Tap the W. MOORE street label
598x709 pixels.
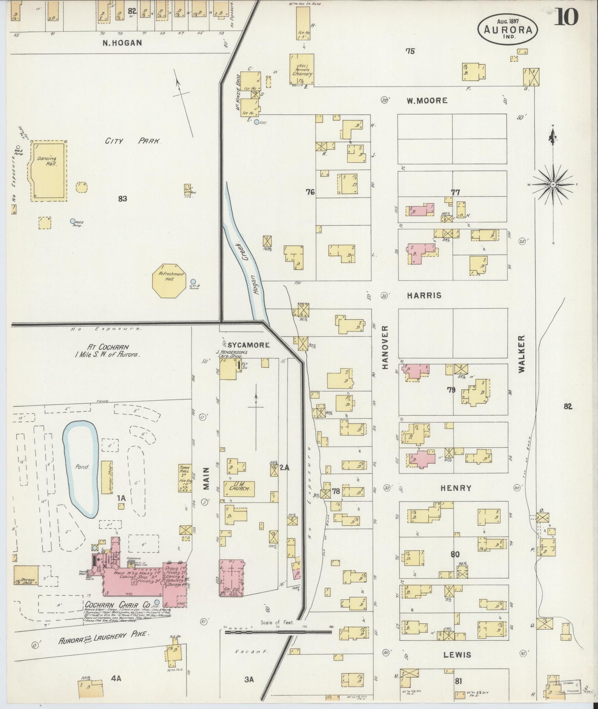pos(426,100)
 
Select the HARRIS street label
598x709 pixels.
pos(424,295)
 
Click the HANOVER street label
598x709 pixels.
pos(385,347)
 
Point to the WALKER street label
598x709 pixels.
pos(521,354)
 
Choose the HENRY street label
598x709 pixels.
pos(456,488)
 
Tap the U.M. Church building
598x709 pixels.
pos(239,489)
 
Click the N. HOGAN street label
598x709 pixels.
pos(122,42)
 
